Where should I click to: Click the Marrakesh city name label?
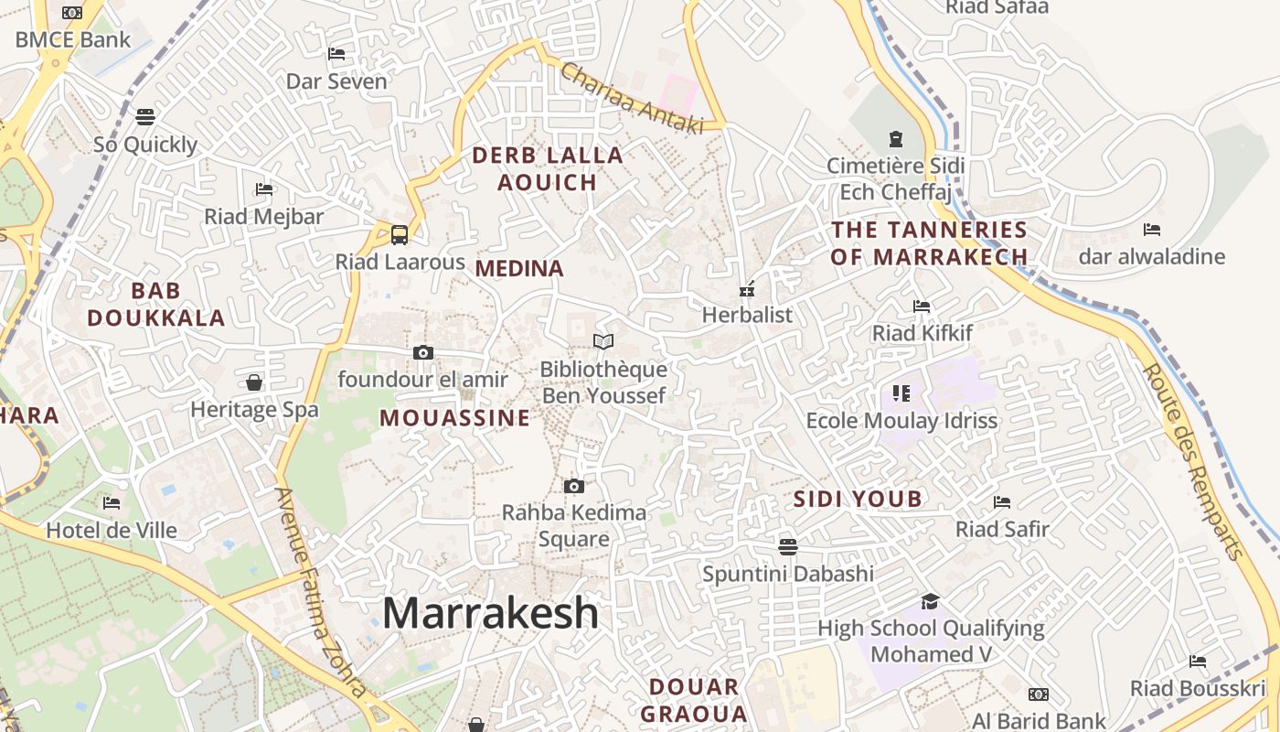[490, 613]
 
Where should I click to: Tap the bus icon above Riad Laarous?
[400, 234]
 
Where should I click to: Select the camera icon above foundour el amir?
[423, 352]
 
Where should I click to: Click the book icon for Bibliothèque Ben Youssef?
[603, 342]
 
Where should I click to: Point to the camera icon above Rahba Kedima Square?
[573, 486]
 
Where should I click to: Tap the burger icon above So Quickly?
[145, 117]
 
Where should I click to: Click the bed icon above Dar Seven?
[336, 54]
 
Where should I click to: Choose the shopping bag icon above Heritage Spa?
[254, 382]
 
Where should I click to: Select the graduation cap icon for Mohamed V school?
[930, 601]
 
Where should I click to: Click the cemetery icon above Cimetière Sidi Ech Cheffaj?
[895, 139]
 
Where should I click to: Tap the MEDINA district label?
[519, 269]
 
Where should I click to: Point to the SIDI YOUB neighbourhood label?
[858, 500]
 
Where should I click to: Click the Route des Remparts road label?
[1194, 462]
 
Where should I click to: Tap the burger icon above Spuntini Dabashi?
[788, 547]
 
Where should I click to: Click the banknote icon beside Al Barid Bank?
[1038, 694]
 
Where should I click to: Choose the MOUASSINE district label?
[454, 418]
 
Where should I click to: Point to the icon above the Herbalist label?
[747, 290]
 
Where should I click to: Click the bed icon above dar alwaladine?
[1151, 229]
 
